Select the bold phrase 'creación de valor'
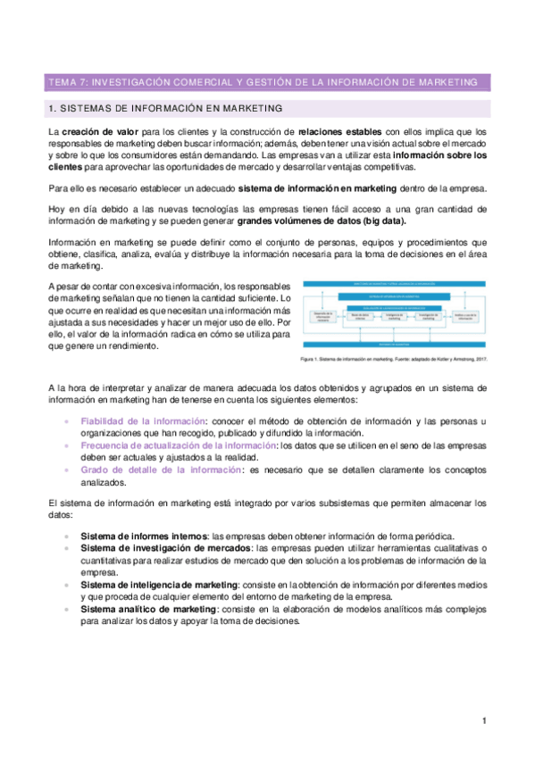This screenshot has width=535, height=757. [x=97, y=131]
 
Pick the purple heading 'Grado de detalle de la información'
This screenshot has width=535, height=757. [x=161, y=468]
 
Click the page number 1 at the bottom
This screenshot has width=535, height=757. [x=483, y=720]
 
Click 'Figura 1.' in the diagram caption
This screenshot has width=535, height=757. [x=313, y=360]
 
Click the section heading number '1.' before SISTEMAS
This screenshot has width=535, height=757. [x=52, y=109]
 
